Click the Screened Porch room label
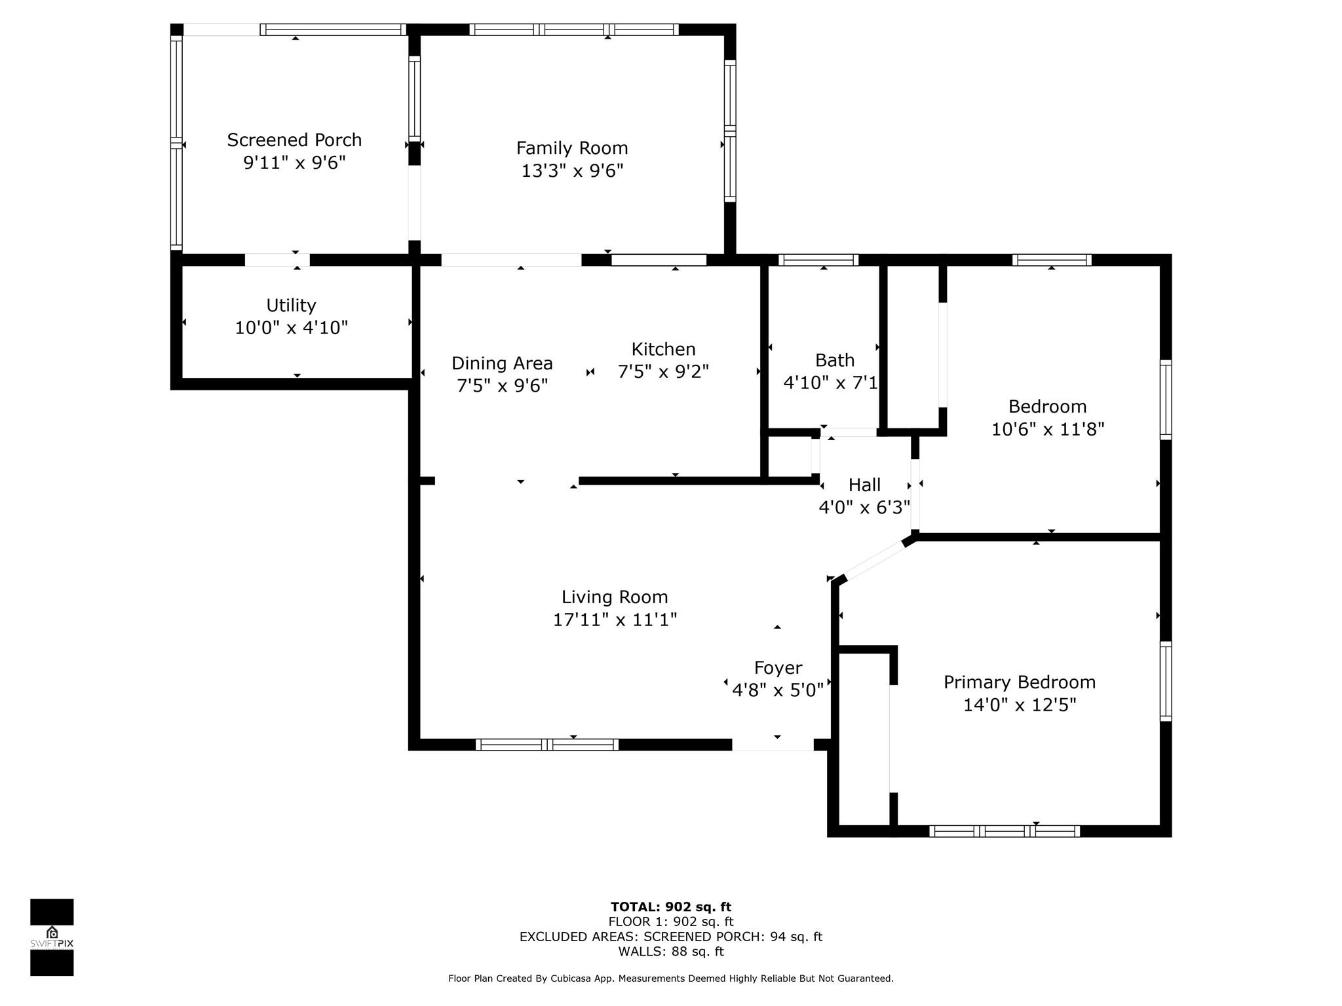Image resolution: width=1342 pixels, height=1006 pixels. (x=294, y=140)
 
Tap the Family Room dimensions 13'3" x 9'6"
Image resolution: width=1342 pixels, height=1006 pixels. (x=572, y=170)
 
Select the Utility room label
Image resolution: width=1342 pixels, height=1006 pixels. (x=291, y=305)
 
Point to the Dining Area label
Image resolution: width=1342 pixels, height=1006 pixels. (x=502, y=363)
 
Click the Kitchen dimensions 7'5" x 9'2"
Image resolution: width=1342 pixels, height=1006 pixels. (x=663, y=371)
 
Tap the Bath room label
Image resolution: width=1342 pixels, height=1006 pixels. (x=835, y=360)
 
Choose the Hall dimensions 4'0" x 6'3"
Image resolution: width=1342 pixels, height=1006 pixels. (x=864, y=507)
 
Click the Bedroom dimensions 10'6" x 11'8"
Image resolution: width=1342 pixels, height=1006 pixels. (x=1048, y=429)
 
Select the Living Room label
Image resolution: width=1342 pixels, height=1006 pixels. (x=615, y=597)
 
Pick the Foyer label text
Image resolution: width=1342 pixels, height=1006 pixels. (x=778, y=668)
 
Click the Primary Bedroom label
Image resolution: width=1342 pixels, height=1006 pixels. (x=1020, y=682)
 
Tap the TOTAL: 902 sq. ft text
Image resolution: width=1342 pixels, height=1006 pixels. (x=671, y=907)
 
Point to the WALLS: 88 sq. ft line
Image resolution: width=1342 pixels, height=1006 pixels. (x=671, y=952)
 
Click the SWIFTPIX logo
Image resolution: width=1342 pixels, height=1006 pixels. (x=52, y=937)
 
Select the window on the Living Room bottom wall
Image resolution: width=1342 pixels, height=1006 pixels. (x=547, y=744)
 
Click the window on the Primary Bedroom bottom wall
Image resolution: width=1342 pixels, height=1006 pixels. (x=1005, y=831)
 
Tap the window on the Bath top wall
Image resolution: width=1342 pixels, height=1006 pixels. (x=818, y=260)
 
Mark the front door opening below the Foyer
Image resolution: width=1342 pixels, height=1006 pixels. (x=773, y=745)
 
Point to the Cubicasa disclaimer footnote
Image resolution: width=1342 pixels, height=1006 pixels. (x=671, y=978)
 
